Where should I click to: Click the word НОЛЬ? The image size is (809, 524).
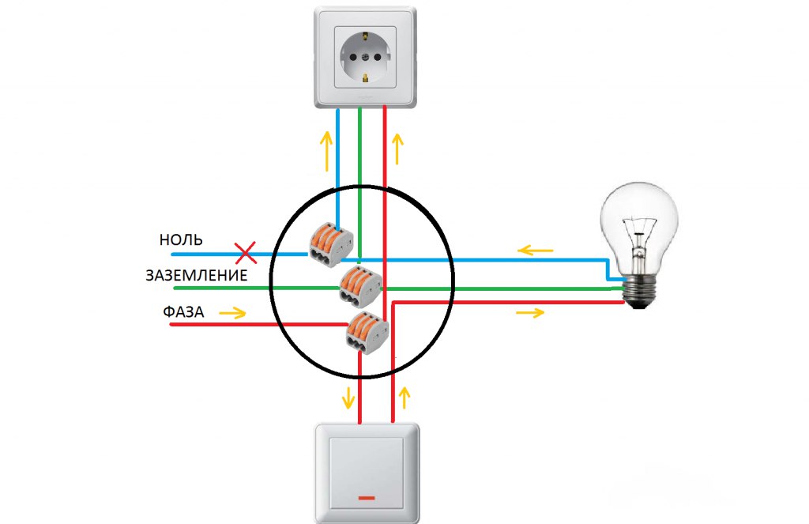click(x=181, y=240)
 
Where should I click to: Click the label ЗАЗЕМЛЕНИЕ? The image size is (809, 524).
click(x=196, y=276)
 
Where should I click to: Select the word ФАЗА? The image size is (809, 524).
click(x=184, y=312)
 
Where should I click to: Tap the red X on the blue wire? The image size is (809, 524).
click(x=246, y=254)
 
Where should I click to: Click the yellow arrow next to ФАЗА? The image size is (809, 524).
click(x=232, y=313)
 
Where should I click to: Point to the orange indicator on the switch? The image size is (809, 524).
click(x=367, y=498)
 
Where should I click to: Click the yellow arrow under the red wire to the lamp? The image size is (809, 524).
click(x=530, y=313)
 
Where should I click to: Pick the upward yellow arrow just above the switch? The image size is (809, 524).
click(x=407, y=397)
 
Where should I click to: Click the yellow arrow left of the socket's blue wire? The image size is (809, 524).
click(x=325, y=152)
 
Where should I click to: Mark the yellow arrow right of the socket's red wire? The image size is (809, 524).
click(x=397, y=148)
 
